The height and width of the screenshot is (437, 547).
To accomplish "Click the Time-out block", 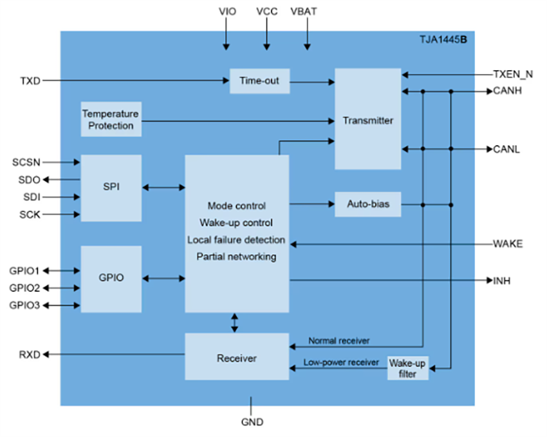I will click(x=259, y=81).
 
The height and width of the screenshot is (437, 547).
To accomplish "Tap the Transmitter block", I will click(x=367, y=120).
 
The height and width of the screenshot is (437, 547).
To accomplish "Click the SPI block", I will click(x=111, y=188).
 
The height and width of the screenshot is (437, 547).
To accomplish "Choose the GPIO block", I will click(x=111, y=278).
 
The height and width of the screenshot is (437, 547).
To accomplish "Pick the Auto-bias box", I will click(x=367, y=204).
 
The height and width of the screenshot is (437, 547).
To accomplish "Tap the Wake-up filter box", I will click(x=407, y=368).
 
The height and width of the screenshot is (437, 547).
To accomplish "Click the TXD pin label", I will click(x=30, y=81).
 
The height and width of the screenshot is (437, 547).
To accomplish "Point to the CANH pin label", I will click(x=507, y=91).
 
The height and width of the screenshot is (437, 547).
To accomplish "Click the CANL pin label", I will click(x=506, y=150).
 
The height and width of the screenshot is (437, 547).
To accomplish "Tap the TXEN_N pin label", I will click(x=512, y=74).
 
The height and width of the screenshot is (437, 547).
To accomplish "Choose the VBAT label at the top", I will click(x=307, y=12).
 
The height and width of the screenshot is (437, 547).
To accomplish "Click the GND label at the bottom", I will click(x=252, y=422).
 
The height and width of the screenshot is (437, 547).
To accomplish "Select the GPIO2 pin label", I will click(x=24, y=288).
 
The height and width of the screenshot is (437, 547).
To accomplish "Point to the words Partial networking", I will click(x=236, y=257).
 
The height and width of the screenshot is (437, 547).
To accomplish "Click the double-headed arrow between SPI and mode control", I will click(x=163, y=188).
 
